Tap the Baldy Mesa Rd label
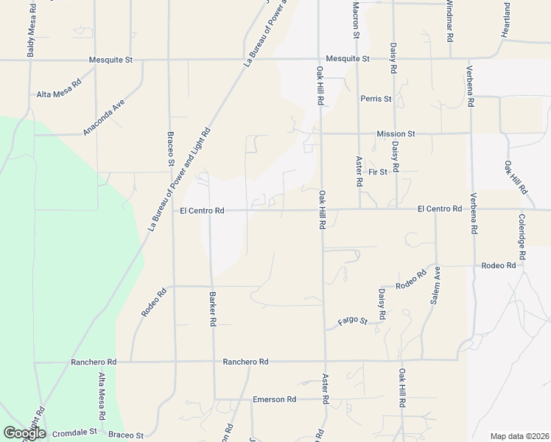click(x=31, y=29)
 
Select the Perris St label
click(x=376, y=99)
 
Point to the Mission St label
click(x=396, y=134)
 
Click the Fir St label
click(x=378, y=172)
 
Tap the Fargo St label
click(x=352, y=321)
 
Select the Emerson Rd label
click(x=274, y=399)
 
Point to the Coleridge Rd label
click(x=522, y=236)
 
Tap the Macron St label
click(x=355, y=20)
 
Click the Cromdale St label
click(x=73, y=432)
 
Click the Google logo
click(x=24, y=433)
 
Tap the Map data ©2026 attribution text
click(x=519, y=436)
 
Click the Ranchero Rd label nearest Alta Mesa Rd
click(x=94, y=362)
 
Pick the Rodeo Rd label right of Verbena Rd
click(x=498, y=265)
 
